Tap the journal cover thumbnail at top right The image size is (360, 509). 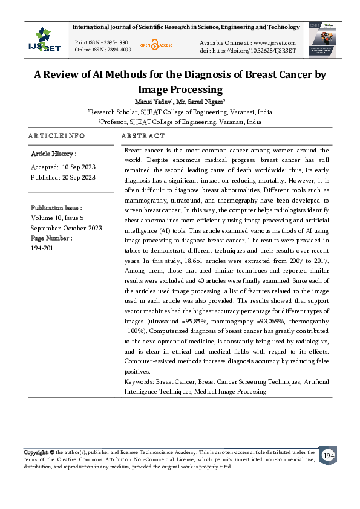pyautogui.click(x=326, y=40)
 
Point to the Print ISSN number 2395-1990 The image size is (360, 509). pyautogui.click(x=114, y=42)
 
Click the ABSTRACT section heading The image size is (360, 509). pyautogui.click(x=143, y=136)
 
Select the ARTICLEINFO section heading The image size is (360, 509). pyautogui.click(x=56, y=136)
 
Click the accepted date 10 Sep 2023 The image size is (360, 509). pyautogui.click(x=79, y=167)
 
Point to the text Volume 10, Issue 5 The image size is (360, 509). pyautogui.click(x=57, y=218)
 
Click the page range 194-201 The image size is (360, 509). pyautogui.click(x=42, y=248)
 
